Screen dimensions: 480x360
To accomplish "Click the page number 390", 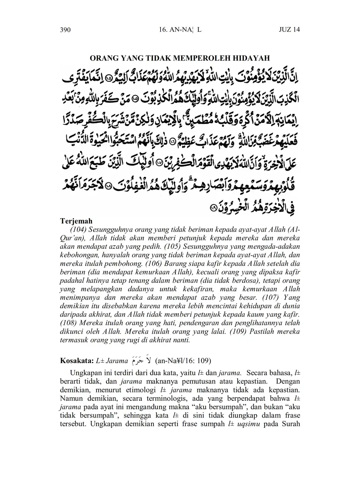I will (65, 30).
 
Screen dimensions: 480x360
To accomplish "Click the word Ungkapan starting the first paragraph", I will (85, 374).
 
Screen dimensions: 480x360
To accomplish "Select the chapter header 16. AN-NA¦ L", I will (180, 30).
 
